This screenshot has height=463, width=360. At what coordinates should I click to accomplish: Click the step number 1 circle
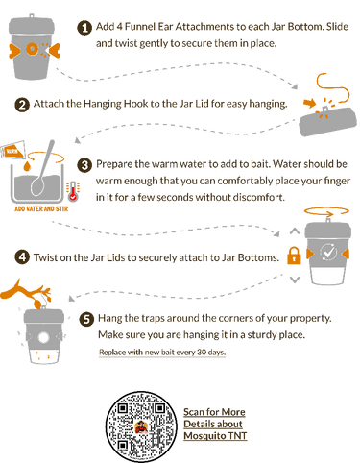coord(84,28)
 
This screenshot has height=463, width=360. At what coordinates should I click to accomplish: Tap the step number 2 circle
coord(22,105)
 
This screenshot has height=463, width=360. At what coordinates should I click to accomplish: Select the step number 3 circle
coord(84,165)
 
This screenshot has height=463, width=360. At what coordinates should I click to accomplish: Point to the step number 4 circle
coord(22,257)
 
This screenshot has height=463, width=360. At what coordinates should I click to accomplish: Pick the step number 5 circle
coord(86,319)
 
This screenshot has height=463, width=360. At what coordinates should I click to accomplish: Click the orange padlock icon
coord(294,256)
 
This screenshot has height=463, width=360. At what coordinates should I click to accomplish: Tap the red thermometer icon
coord(73,192)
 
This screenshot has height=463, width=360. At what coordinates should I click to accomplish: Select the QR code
coord(141,426)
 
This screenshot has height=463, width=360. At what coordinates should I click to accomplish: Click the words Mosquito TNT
coord(215,436)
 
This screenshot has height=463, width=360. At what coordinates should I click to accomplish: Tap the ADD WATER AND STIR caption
coord(41,209)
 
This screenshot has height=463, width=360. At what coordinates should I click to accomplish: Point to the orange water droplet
coord(28,166)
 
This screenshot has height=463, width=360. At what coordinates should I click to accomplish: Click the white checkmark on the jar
coord(328,252)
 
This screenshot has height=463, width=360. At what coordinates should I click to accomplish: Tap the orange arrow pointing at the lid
coord(309,103)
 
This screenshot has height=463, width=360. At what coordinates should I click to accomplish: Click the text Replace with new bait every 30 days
coord(162,353)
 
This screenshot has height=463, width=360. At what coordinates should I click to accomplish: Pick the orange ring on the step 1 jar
coord(32,49)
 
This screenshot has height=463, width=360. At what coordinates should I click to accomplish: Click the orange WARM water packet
coord(12,150)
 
